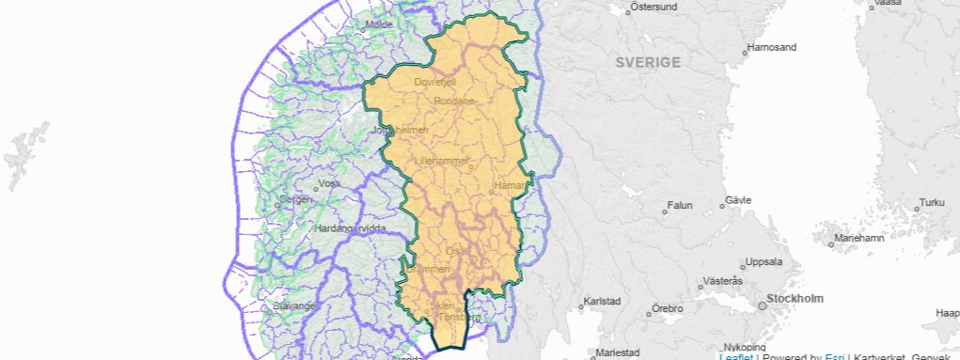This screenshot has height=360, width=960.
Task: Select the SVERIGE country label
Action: (648, 62)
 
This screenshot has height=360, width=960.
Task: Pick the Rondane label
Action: (454, 101)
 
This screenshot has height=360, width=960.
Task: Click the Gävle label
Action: (738, 201)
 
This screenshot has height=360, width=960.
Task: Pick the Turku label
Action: (931, 202)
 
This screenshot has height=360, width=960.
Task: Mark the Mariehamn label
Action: (859, 238)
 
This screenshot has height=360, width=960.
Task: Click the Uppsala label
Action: (763, 261)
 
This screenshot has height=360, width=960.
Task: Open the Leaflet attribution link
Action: (735, 356)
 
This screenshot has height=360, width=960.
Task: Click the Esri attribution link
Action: (834, 356)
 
